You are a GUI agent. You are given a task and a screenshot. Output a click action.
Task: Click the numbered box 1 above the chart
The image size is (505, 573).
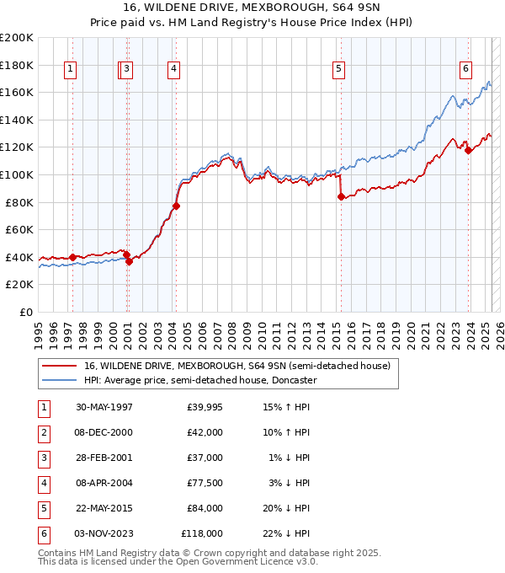pos(70,69)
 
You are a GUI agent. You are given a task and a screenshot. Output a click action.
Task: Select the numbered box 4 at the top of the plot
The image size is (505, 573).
pos(173,69)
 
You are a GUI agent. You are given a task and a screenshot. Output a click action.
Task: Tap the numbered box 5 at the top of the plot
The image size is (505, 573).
pos(338,69)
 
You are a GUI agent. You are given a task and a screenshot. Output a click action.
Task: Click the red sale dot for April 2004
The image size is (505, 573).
pos(177,206)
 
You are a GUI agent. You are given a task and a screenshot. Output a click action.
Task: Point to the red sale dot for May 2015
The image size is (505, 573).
pos(341,196)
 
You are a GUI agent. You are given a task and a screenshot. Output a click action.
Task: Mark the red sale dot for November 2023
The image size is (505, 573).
pos(469,150)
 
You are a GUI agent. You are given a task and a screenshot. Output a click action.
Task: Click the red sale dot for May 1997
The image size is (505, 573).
pos(73,257)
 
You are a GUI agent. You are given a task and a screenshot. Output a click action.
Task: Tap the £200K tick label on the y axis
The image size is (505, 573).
pos(17,38)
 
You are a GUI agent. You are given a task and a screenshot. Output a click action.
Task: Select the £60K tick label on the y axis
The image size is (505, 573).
pos(19,229)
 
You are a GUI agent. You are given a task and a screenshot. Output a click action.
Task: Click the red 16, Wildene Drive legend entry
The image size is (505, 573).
pos(237,367)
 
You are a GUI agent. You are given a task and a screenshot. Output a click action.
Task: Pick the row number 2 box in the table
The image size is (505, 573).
pos(43,432)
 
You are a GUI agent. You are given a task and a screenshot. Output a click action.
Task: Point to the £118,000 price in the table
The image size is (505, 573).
pos(202,533)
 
